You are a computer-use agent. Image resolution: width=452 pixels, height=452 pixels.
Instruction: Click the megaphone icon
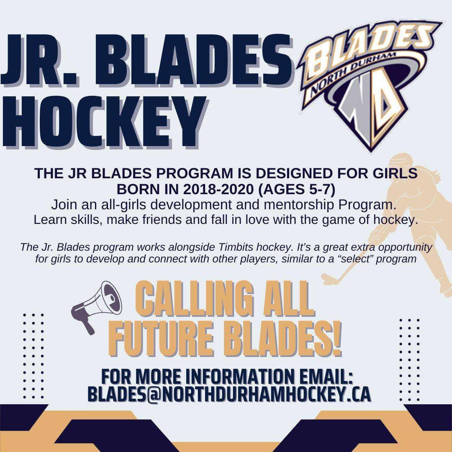[x=97, y=307]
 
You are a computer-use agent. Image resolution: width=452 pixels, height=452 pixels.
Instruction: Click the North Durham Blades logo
[x=369, y=85]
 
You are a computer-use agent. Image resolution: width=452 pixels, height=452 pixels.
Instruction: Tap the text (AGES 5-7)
[x=296, y=189]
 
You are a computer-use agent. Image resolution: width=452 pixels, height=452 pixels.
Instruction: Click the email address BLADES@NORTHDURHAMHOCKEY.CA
[x=229, y=394]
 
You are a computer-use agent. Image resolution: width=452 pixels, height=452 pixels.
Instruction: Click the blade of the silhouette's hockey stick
[x=329, y=278]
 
